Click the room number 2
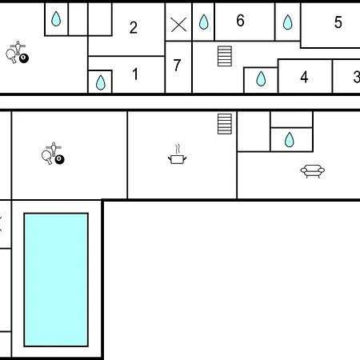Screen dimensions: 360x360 [x=134, y=27]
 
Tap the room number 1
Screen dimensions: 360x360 [x=135, y=74]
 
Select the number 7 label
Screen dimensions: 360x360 [x=177, y=65]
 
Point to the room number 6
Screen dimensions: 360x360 [x=240, y=20]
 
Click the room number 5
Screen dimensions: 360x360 [x=338, y=22]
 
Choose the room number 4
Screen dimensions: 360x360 [x=304, y=77]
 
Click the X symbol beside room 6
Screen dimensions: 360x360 [x=178, y=25]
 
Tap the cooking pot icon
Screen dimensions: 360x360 [x=178, y=154]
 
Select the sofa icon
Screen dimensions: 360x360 [x=313, y=171]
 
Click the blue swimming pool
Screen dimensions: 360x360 [x=56, y=280]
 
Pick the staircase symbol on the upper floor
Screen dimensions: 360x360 [x=225, y=56]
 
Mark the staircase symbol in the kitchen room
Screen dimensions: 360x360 [x=225, y=124]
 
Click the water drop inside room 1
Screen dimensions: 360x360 [x=101, y=82]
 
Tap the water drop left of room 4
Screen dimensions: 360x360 [x=261, y=78]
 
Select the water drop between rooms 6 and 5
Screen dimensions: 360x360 [x=287, y=22]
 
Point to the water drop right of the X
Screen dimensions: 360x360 [x=203, y=22]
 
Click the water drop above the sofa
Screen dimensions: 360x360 [x=290, y=140]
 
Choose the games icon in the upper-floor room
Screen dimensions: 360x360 [x=18, y=52]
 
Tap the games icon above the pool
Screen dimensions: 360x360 [x=53, y=154]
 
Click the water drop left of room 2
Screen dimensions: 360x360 [x=56, y=18]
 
